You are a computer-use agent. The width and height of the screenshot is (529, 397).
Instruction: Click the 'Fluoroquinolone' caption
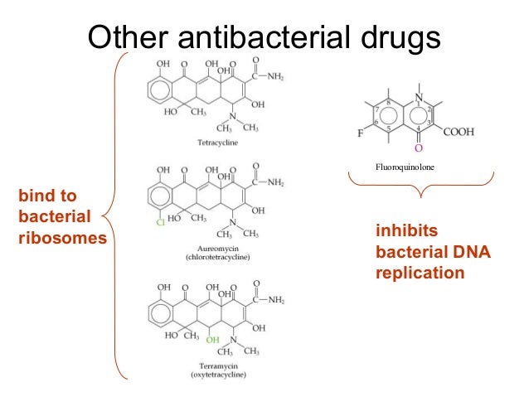[x=405, y=168]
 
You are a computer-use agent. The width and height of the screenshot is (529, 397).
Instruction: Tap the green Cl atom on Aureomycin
[x=161, y=221]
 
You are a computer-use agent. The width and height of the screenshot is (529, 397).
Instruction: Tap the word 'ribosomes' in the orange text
[x=62, y=239]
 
